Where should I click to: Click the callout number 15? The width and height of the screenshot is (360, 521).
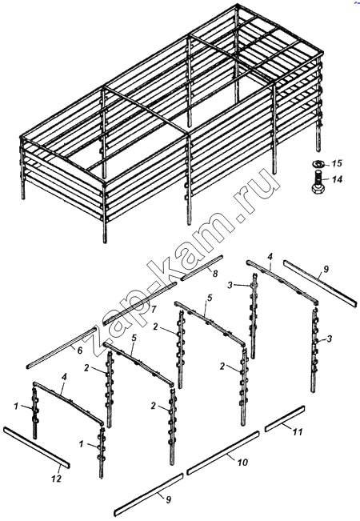coord(337,163)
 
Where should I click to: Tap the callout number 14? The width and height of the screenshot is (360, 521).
coord(337,179)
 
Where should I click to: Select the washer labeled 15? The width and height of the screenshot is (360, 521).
coord(318,163)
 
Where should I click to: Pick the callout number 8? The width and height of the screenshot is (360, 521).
coord(215,274)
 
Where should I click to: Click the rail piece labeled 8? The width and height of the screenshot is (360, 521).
coord(202,267)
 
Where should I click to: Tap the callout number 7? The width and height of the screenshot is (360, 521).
coord(154,310)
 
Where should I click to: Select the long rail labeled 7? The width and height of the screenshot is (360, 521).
coord(139,303)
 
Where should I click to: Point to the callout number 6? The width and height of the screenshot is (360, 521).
coord(80,351)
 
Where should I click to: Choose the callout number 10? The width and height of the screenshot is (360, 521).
coord(242,463)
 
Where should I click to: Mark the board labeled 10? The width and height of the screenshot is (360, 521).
coord(223,452)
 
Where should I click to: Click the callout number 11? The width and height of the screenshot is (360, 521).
coord(298,432)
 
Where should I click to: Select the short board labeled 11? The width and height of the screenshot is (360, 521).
coord(285,419)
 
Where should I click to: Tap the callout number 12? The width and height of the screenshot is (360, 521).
coord(56,479)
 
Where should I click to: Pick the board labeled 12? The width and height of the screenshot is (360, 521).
coord(37,447)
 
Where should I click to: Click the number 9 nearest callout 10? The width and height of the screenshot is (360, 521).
coord(168,499)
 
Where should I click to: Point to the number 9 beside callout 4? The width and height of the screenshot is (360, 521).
coord(326,269)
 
